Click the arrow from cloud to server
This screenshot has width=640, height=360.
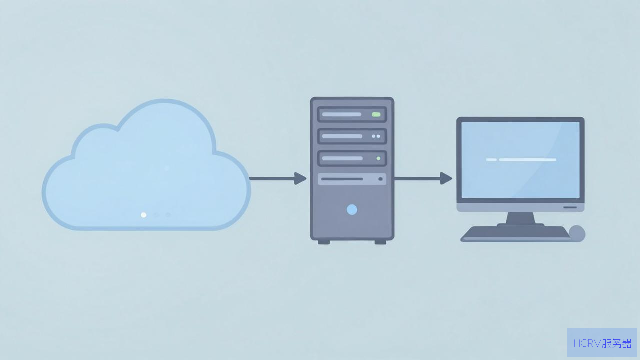click(x=278, y=179)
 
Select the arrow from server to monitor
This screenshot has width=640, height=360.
click(x=423, y=179)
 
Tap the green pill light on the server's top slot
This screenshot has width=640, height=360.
click(x=376, y=114)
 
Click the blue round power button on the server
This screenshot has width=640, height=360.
click(x=352, y=209)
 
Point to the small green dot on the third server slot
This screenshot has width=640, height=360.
click(x=378, y=158)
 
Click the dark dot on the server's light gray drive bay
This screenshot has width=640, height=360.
click(x=380, y=179)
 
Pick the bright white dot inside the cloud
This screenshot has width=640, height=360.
click(x=144, y=215)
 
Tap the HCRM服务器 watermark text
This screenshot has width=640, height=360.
click(x=602, y=343)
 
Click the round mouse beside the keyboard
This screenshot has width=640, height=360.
click(x=577, y=233)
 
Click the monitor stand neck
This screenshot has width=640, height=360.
click(x=520, y=218)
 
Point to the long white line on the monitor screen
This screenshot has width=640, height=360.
click(x=527, y=160)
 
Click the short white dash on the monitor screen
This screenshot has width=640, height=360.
click(x=491, y=160)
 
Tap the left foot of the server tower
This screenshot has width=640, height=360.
click(x=324, y=242)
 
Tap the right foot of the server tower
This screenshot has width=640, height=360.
click(x=380, y=242)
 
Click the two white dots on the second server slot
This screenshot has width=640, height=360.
click(x=376, y=136)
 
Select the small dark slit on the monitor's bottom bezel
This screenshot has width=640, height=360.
click(x=570, y=207)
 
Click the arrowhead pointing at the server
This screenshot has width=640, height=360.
click(x=300, y=179)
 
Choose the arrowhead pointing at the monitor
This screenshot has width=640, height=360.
click(x=446, y=179)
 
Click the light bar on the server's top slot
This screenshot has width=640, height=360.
click(x=341, y=114)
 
